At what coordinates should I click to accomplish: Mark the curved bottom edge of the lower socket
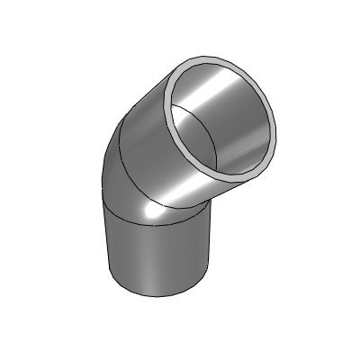162,294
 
